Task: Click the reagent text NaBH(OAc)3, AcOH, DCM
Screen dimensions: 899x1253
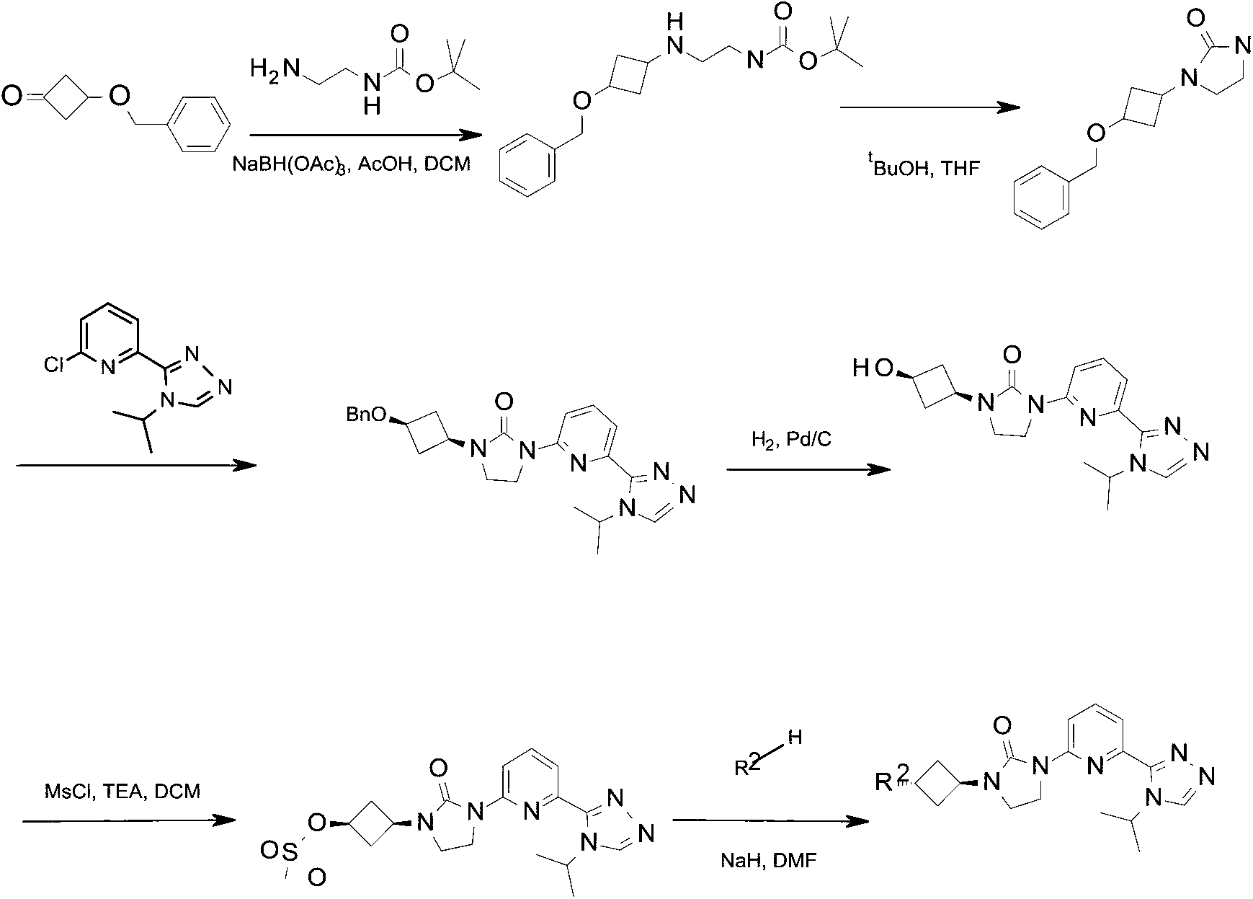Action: (351, 164)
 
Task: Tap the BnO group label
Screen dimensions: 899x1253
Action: (365, 415)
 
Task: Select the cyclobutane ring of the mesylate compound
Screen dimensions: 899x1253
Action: (372, 823)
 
